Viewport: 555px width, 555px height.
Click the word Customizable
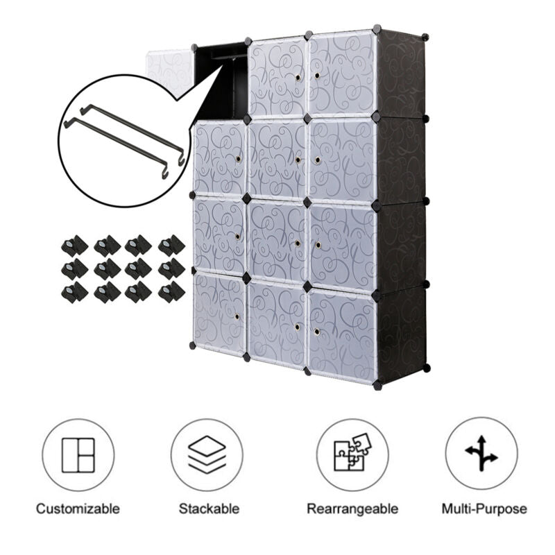(78, 509)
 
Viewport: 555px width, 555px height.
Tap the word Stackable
(210, 509)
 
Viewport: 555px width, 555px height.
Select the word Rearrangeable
(352, 509)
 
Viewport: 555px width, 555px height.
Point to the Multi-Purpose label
(484, 509)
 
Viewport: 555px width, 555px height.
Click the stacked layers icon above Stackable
(207, 454)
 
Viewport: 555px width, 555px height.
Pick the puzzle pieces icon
(353, 452)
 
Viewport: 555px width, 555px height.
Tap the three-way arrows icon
(481, 453)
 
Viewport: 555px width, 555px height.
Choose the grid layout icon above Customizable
(78, 455)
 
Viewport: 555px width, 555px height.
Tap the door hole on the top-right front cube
(317, 76)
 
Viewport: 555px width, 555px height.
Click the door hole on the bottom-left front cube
(237, 316)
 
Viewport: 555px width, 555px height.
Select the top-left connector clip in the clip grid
(75, 245)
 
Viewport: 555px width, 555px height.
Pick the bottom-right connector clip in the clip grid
(171, 291)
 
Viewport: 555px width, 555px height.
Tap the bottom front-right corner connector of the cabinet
(377, 385)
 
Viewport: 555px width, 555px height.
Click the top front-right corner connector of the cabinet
(377, 29)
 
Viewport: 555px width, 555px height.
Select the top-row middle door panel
(277, 77)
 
